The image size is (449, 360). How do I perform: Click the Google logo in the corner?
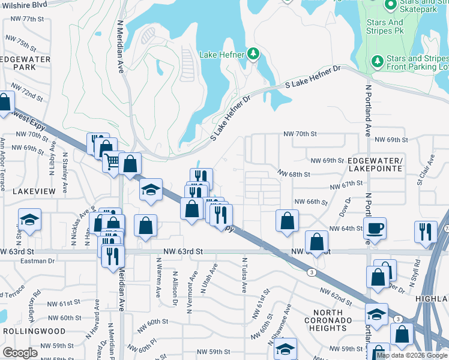(20, 353)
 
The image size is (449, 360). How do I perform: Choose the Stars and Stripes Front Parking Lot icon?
(377, 61)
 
